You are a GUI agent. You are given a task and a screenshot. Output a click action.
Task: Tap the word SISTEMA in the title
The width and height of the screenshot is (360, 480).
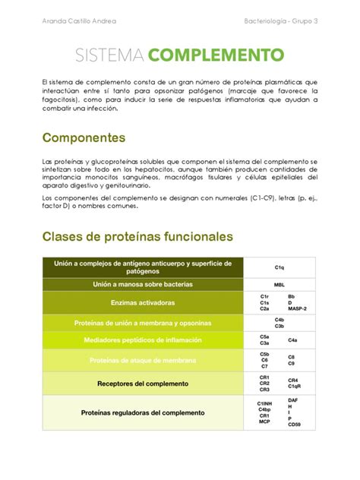(x=111, y=55)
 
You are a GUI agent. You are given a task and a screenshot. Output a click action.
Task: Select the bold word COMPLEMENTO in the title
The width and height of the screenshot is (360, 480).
(x=216, y=55)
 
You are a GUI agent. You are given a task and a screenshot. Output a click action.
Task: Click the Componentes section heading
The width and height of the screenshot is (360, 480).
(x=84, y=138)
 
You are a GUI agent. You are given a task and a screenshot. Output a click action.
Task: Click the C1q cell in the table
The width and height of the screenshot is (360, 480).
(x=279, y=268)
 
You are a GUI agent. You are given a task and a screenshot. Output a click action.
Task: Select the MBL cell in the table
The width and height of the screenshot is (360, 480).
(x=279, y=285)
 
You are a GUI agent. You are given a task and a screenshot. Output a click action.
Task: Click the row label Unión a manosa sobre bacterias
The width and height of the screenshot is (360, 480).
(x=142, y=285)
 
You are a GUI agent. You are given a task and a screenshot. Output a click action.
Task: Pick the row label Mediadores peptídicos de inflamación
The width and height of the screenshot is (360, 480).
(x=142, y=340)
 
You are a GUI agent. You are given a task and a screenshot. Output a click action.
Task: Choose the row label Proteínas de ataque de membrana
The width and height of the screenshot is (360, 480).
(x=142, y=360)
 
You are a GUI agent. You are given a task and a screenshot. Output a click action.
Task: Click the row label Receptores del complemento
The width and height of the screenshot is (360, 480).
(x=142, y=384)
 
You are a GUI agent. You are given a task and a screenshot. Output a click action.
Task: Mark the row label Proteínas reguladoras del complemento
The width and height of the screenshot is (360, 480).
(x=142, y=413)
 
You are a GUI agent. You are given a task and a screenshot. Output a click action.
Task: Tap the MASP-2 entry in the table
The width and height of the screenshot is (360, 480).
(x=297, y=309)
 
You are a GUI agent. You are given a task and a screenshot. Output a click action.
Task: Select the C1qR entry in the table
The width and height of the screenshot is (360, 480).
(x=295, y=387)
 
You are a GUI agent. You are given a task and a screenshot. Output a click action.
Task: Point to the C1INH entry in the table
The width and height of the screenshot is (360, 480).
(x=265, y=403)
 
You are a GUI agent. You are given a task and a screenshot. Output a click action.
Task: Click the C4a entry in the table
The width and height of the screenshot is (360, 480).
(x=292, y=340)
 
